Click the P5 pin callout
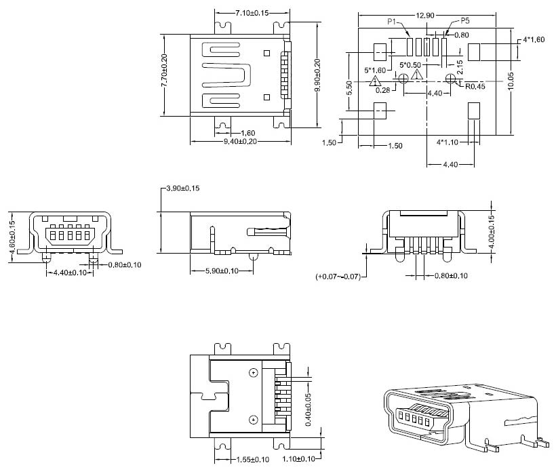(465, 21)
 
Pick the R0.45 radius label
(475, 86)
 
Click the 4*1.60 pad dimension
(534, 40)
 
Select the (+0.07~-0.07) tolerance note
(338, 277)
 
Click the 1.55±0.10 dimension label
(251, 460)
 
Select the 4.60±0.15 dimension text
(12, 237)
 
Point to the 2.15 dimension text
(460, 68)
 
